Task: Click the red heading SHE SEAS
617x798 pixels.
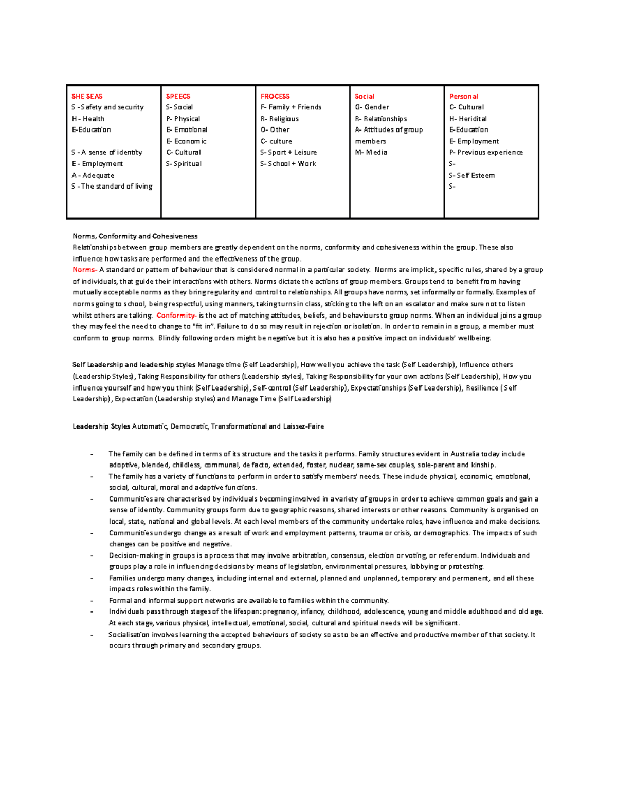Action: pyautogui.click(x=87, y=96)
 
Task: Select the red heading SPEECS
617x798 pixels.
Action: pyautogui.click(x=178, y=96)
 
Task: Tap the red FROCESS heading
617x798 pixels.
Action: pyautogui.click(x=275, y=96)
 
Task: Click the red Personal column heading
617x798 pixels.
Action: pyautogui.click(x=463, y=96)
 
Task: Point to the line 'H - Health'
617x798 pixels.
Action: pyautogui.click(x=88, y=119)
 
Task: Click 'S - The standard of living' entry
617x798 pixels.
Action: pyautogui.click(x=112, y=187)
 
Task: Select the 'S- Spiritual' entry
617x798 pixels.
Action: pyautogui.click(x=184, y=164)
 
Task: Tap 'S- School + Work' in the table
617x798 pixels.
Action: pyautogui.click(x=288, y=164)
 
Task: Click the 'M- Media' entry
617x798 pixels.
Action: pyautogui.click(x=371, y=153)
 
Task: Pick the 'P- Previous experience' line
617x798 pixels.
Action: pyautogui.click(x=486, y=153)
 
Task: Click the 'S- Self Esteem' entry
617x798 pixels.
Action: pyautogui.click(x=471, y=175)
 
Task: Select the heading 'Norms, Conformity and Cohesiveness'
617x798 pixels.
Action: pyautogui.click(x=135, y=236)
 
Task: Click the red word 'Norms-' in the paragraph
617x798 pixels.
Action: pyautogui.click(x=84, y=270)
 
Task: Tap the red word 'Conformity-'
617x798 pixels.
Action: pyautogui.click(x=176, y=316)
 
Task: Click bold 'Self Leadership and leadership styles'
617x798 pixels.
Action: pyautogui.click(x=134, y=365)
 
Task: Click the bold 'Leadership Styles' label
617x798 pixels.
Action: pyautogui.click(x=101, y=426)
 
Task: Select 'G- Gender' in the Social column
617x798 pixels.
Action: pyautogui.click(x=372, y=107)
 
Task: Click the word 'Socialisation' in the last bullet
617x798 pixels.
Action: pyautogui.click(x=129, y=635)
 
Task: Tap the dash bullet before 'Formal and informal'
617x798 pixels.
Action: pyautogui.click(x=92, y=601)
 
